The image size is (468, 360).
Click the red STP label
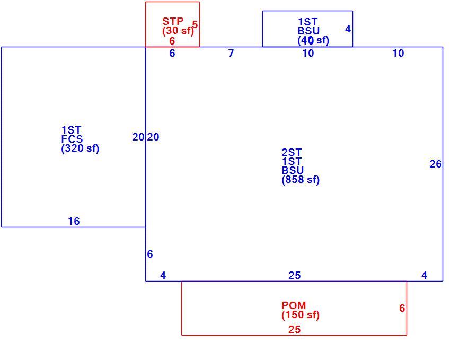[x=173, y=21]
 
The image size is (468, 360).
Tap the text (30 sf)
[x=178, y=30]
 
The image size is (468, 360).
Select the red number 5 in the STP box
[x=195, y=24]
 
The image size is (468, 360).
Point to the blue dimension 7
[x=231, y=53]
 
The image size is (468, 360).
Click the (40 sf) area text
[x=313, y=40]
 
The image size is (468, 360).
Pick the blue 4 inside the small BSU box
[x=348, y=29]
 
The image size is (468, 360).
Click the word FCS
[x=72, y=139]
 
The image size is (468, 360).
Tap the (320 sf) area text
[x=80, y=148]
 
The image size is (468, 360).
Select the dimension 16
[x=74, y=221]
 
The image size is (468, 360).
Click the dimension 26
[x=436, y=164]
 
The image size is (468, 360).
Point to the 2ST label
[x=292, y=152]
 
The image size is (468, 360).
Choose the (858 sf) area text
[x=301, y=179]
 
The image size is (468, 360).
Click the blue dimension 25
[x=295, y=275]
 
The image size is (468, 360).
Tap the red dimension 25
[x=294, y=329]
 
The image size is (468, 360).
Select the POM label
[x=294, y=305]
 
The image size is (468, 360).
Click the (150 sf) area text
[x=301, y=315]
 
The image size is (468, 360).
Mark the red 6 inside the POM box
[x=402, y=308]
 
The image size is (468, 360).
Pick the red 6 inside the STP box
[x=172, y=41]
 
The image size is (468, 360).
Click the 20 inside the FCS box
[x=138, y=137]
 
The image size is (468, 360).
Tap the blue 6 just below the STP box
[x=172, y=53]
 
